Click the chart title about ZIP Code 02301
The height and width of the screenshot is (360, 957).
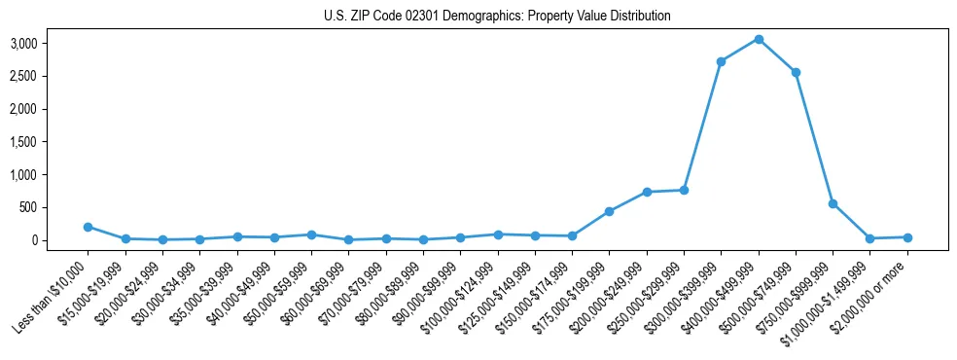[x=497, y=17]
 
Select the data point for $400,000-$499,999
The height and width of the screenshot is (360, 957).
[x=759, y=39]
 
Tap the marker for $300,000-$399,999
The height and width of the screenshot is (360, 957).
[x=721, y=61]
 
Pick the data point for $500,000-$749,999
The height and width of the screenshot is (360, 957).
[x=796, y=72]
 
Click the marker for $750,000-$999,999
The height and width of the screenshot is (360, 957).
[x=833, y=203]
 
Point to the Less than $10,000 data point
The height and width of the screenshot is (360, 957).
[x=88, y=227]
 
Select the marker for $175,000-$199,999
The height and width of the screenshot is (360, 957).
[x=609, y=211]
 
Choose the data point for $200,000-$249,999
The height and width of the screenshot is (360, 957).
[x=647, y=192]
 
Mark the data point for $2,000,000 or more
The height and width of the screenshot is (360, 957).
[x=907, y=237]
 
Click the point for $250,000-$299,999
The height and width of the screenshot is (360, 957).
[x=684, y=190]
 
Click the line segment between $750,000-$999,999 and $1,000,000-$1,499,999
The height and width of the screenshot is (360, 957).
[x=851, y=221]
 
